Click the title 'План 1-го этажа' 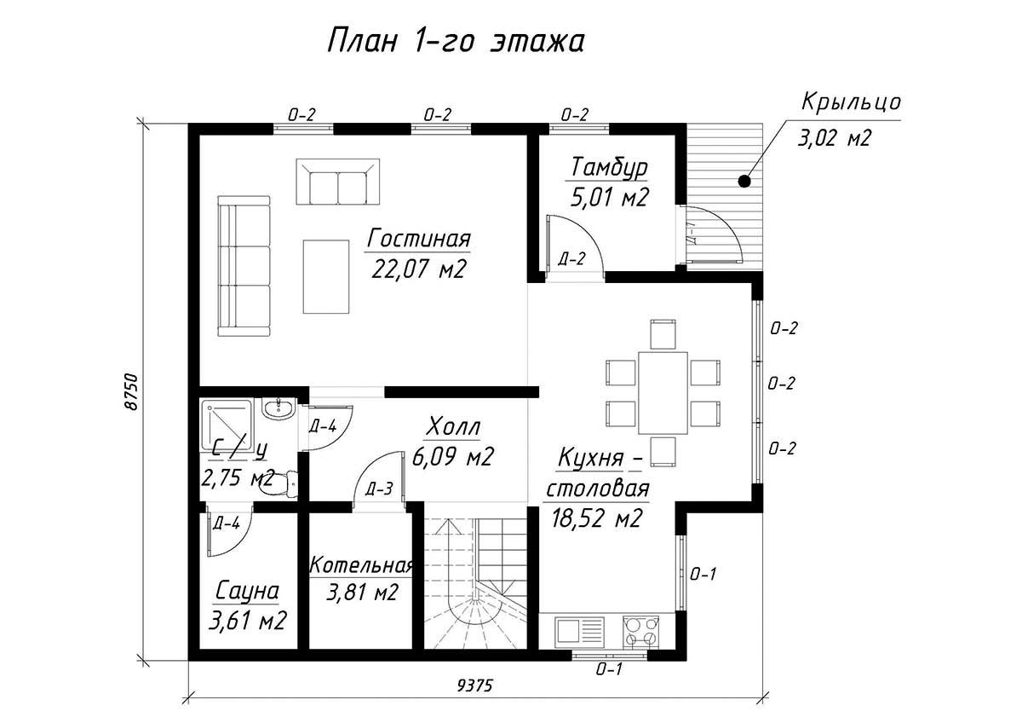coord(456,42)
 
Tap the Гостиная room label coord(418,239)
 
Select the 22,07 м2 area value coord(419,269)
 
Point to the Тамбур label coord(609,168)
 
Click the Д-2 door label coord(571,259)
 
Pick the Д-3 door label coord(379,489)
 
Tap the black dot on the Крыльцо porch coord(744,182)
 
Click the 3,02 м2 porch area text coord(834,137)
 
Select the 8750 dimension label coord(130,392)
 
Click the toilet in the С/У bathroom coord(278,483)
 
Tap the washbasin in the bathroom coord(278,408)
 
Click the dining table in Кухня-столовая coord(663,393)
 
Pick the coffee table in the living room coord(326,277)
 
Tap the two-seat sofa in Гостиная coord(338,182)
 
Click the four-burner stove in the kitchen coord(641,631)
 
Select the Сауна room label coord(247,591)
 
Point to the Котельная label coord(361,566)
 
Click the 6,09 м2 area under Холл coord(452,456)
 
